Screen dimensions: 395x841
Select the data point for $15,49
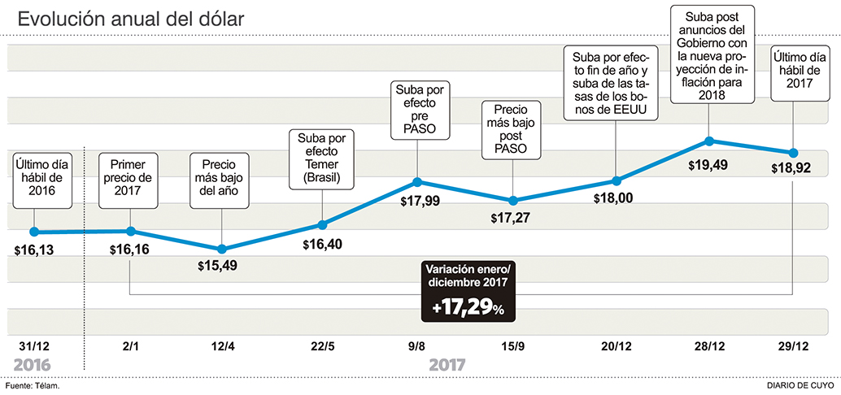pos(222,249)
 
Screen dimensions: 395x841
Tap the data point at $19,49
pos(708,141)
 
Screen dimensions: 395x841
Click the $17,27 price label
pos(512,218)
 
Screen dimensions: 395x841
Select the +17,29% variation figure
pos(468,309)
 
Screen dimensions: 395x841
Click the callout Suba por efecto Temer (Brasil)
pos(321,159)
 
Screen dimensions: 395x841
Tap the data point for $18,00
pos(616,180)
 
